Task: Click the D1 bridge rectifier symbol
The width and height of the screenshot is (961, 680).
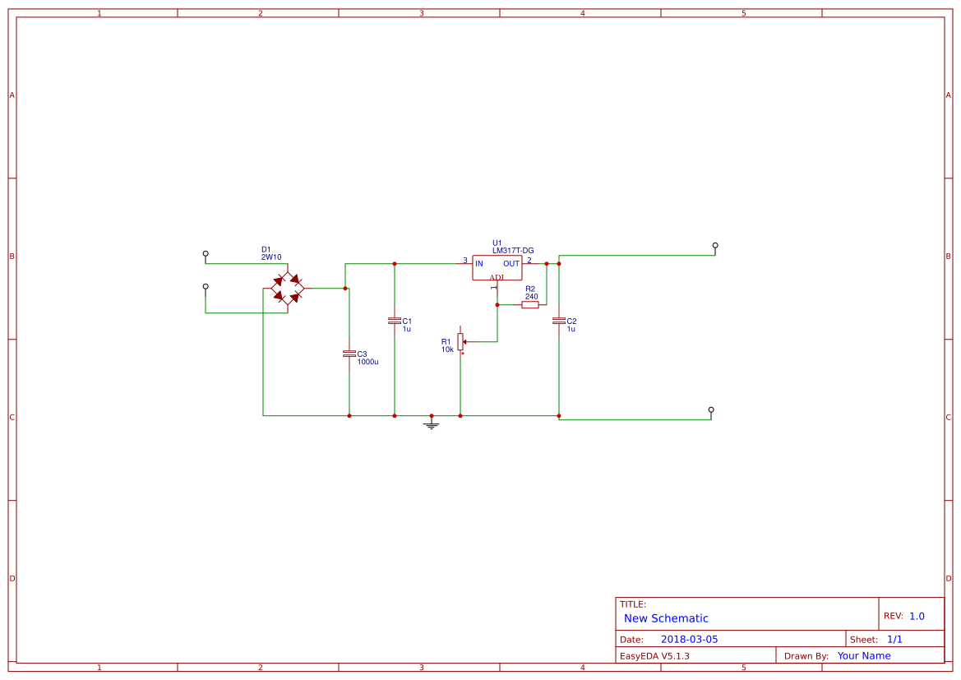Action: pos(288,289)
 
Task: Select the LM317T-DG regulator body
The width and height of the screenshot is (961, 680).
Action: pos(497,267)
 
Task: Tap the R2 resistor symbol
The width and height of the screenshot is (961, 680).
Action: pos(530,304)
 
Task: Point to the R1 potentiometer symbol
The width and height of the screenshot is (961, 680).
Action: pos(460,341)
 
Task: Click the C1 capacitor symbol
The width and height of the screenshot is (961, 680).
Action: pos(395,321)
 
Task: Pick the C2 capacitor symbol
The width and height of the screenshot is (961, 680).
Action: pos(559,321)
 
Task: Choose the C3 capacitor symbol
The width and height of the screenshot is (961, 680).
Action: pos(349,354)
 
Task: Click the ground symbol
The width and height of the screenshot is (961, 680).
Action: pos(432,424)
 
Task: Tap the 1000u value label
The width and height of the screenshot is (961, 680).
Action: pos(367,362)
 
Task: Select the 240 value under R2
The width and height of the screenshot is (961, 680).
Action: pos(531,297)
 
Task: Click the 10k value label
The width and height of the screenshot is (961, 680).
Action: pos(447,349)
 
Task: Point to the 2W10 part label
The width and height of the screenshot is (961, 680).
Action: pos(271,257)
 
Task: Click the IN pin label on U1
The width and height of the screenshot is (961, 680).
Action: pos(479,264)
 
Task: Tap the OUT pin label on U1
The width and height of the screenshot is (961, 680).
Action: pos(511,264)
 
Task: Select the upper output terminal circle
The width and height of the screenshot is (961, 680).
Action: pos(715,245)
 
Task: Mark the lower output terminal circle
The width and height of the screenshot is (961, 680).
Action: pos(711,409)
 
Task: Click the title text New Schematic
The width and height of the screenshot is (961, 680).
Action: pos(666,618)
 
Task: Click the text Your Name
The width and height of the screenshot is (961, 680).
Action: pos(864,656)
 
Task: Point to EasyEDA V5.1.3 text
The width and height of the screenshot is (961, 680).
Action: pos(654,656)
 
